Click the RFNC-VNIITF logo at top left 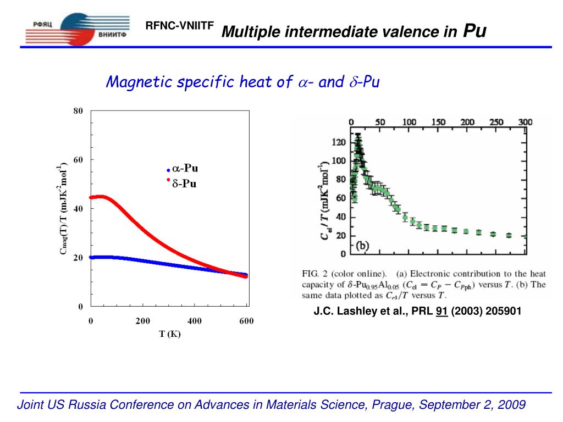[x=77, y=27]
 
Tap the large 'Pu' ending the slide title [x=475, y=31]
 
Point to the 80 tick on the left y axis [x=78, y=111]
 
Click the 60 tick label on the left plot [x=78, y=160]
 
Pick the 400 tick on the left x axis [x=195, y=321]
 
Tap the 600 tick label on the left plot [x=246, y=321]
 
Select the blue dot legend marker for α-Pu [x=168, y=170]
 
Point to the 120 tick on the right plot [x=338, y=142]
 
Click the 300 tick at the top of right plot [x=526, y=122]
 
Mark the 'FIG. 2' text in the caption [x=316, y=273]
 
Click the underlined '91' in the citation [x=440, y=312]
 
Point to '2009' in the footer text [x=512, y=405]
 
